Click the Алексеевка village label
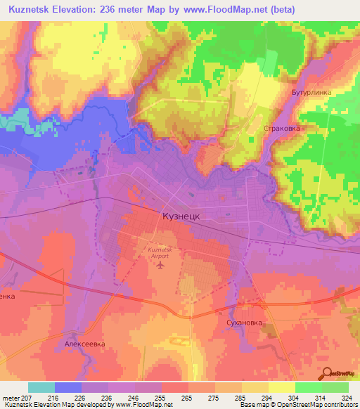tap(84, 344)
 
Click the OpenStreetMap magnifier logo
tap(327, 372)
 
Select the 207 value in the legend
tap(27, 398)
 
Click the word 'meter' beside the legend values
tap(10, 398)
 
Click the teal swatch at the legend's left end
tap(41, 387)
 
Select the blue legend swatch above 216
tap(68, 387)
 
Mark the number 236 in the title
tap(136, 11)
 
